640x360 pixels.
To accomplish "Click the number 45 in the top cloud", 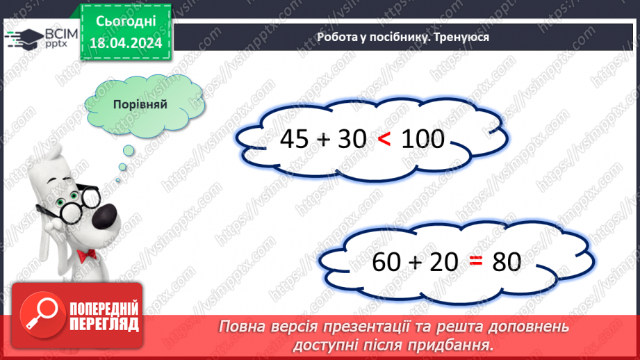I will coord(295,140).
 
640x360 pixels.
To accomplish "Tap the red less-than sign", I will coord(384,140).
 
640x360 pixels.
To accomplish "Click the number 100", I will coord(422,140).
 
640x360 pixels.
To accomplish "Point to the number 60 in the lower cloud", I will coord(387,262).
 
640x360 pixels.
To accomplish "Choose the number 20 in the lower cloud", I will coord(443,262).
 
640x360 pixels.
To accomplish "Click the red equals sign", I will coord(475,262).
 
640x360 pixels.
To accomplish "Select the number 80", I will coord(507,262).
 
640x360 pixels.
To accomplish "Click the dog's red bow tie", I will coord(86,256).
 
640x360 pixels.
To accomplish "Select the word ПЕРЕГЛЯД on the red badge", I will coord(104,323).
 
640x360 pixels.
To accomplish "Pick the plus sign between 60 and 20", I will coord(416,263).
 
